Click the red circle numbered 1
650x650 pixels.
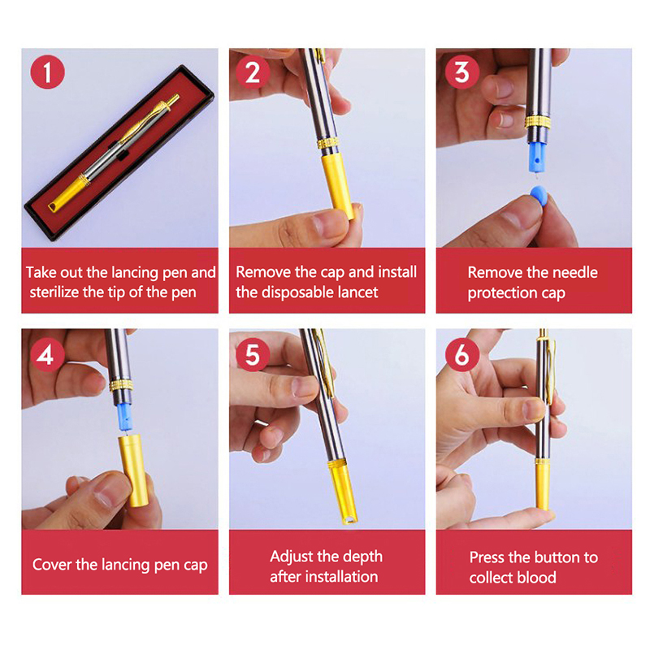(48, 71)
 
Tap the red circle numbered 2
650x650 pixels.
(253, 71)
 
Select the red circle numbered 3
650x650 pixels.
(462, 71)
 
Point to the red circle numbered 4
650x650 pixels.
(48, 355)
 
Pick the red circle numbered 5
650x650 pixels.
(253, 355)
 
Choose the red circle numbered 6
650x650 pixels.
(462, 355)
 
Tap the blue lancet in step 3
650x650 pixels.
(536, 157)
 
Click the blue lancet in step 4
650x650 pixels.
(125, 417)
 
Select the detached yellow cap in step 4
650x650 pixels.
(132, 470)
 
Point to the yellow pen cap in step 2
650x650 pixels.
(338, 185)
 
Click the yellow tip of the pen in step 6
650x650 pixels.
(543, 486)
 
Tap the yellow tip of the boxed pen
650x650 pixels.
(67, 193)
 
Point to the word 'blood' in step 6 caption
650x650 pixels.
(536, 578)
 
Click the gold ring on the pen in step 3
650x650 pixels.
(538, 123)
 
